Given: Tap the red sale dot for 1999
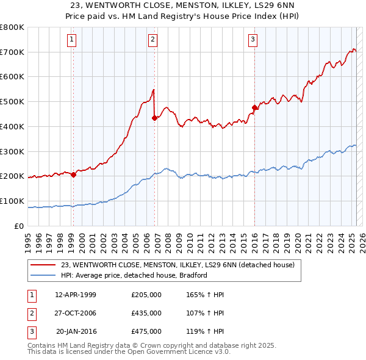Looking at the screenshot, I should pyautogui.click(x=73, y=175).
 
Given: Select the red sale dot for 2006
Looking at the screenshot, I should pyautogui.click(x=154, y=118).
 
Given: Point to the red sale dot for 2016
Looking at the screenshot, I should pyautogui.click(x=254, y=108).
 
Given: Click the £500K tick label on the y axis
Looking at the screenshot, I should pyautogui.click(x=12, y=102).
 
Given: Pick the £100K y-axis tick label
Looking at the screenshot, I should pyautogui.click(x=12, y=201).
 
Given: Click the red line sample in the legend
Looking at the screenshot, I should pyautogui.click(x=43, y=265).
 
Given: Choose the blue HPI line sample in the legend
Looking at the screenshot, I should pyautogui.click(x=43, y=275).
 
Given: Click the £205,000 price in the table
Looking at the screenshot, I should pyautogui.click(x=146, y=295).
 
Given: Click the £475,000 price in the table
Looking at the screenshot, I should pyautogui.click(x=146, y=331).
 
